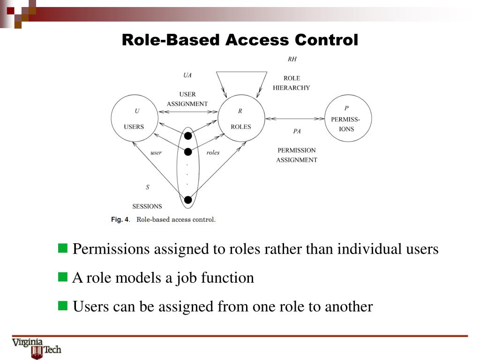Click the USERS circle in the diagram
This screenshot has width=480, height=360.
(134, 119)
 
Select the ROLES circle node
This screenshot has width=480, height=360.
(241, 119)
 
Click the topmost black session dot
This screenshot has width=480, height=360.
(188, 136)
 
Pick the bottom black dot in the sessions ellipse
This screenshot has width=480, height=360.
(188, 200)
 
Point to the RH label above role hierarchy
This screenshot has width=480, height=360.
(292, 60)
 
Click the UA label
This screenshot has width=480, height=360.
(187, 75)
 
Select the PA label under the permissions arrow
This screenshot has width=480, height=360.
(297, 131)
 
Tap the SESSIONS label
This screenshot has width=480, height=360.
(147, 206)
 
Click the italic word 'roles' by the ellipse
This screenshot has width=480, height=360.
(213, 152)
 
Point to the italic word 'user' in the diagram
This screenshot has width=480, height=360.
(156, 152)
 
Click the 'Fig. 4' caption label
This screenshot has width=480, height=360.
(120, 219)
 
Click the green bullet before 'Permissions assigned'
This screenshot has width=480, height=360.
(63, 248)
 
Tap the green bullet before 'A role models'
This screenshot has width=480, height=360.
(63, 277)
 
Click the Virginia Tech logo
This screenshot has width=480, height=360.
(37, 348)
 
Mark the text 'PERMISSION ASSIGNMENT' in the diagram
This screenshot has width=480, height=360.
(297, 155)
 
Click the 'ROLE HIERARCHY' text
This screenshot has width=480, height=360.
(291, 83)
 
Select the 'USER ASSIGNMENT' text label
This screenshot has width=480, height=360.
(187, 99)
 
